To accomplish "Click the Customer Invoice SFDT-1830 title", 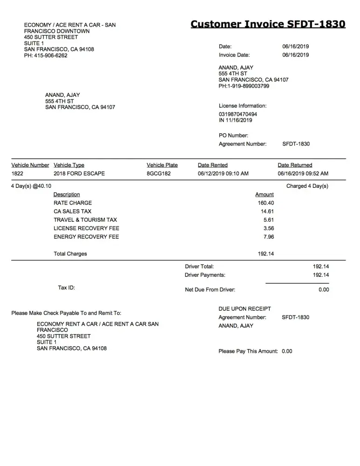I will [268, 24].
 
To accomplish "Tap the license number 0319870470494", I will [238, 114].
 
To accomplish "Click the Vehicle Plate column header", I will [162, 165].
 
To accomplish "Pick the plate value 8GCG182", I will [158, 173].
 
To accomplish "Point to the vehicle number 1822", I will [17, 173].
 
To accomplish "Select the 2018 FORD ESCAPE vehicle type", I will [79, 173].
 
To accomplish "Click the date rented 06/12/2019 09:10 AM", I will [223, 173].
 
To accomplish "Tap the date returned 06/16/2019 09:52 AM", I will [303, 173].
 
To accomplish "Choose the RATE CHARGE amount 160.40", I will [265, 203].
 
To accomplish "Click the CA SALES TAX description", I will [72, 212].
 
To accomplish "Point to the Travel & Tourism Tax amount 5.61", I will [268, 220].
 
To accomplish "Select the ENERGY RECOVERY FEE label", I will [86, 237].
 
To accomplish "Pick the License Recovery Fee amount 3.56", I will [268, 228].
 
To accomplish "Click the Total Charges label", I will [70, 254].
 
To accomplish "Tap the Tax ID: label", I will [66, 288].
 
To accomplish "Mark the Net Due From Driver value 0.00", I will [324, 290].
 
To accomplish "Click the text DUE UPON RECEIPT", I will [245, 309].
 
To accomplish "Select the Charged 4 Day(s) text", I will [307, 186].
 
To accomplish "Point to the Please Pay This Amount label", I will [248, 351].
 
